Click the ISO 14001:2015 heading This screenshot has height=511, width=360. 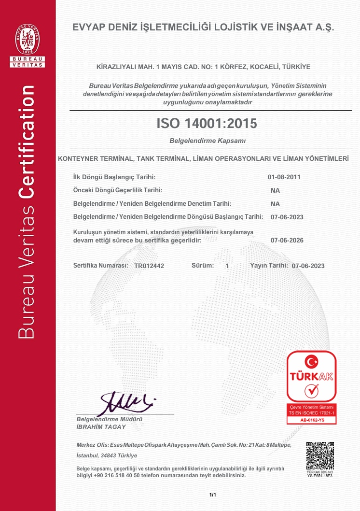pyautogui.click(x=207, y=124)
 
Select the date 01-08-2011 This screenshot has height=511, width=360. pyautogui.click(x=284, y=177)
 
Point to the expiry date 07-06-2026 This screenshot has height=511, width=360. pyautogui.click(x=287, y=240)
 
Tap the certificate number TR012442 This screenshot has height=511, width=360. pyautogui.click(x=149, y=266)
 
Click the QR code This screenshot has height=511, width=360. pyautogui.click(x=320, y=455)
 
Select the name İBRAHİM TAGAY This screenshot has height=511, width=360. pyautogui.click(x=101, y=427)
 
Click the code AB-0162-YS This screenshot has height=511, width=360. pyautogui.click(x=312, y=420)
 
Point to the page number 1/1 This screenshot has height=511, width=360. pyautogui.click(x=212, y=495)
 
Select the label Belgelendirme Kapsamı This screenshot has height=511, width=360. pyautogui.click(x=208, y=141)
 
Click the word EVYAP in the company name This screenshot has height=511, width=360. pyautogui.click(x=89, y=28)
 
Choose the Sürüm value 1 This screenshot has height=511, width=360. pyautogui.click(x=227, y=266)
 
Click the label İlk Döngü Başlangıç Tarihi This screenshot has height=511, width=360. pyautogui.click(x=114, y=177)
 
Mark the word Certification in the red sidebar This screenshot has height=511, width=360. pyautogui.click(x=28, y=142)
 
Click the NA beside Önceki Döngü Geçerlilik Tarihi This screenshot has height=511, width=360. pyautogui.click(x=276, y=191)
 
